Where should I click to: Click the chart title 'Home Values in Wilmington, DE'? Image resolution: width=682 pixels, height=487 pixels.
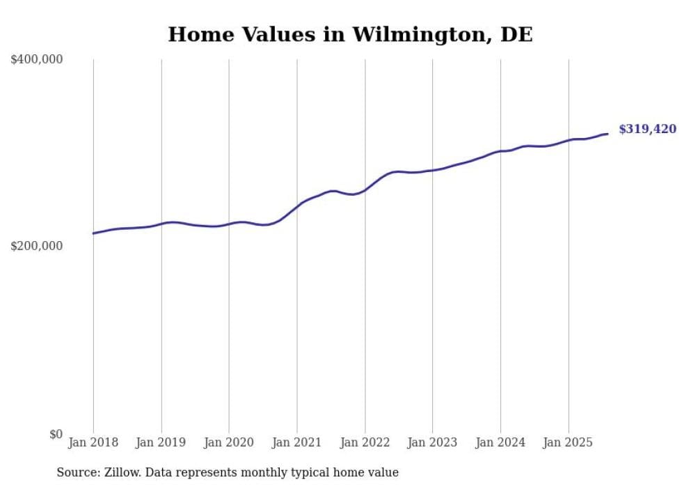[x=350, y=34]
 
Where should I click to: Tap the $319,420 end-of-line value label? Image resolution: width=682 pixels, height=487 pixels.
[x=647, y=129]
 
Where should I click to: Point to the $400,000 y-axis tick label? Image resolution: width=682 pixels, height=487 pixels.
[x=37, y=59]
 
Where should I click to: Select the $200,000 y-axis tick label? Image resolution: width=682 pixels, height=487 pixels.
[x=37, y=246]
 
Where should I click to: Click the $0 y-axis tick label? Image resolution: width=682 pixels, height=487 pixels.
[x=56, y=434]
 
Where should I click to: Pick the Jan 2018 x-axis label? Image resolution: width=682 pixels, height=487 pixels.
[x=93, y=442]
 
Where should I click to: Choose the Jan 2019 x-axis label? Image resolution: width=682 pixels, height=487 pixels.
[x=161, y=442]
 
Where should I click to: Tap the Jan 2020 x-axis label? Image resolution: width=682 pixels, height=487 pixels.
[x=229, y=442]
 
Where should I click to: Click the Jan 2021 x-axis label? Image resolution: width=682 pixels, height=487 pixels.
[x=297, y=442]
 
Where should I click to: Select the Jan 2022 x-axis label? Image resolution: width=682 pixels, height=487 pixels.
[x=365, y=442]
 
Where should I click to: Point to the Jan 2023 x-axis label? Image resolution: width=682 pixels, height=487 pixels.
[x=432, y=442]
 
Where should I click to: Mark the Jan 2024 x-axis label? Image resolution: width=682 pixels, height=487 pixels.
[x=500, y=442]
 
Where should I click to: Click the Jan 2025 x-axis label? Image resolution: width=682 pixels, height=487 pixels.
[x=569, y=442]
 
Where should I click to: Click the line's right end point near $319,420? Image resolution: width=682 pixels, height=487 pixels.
[x=608, y=134]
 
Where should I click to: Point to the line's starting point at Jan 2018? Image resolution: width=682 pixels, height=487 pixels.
[x=93, y=233]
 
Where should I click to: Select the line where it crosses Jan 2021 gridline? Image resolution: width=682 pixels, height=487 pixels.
[x=297, y=206]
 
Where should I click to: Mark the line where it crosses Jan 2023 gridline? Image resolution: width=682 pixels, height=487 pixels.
[x=432, y=170]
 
